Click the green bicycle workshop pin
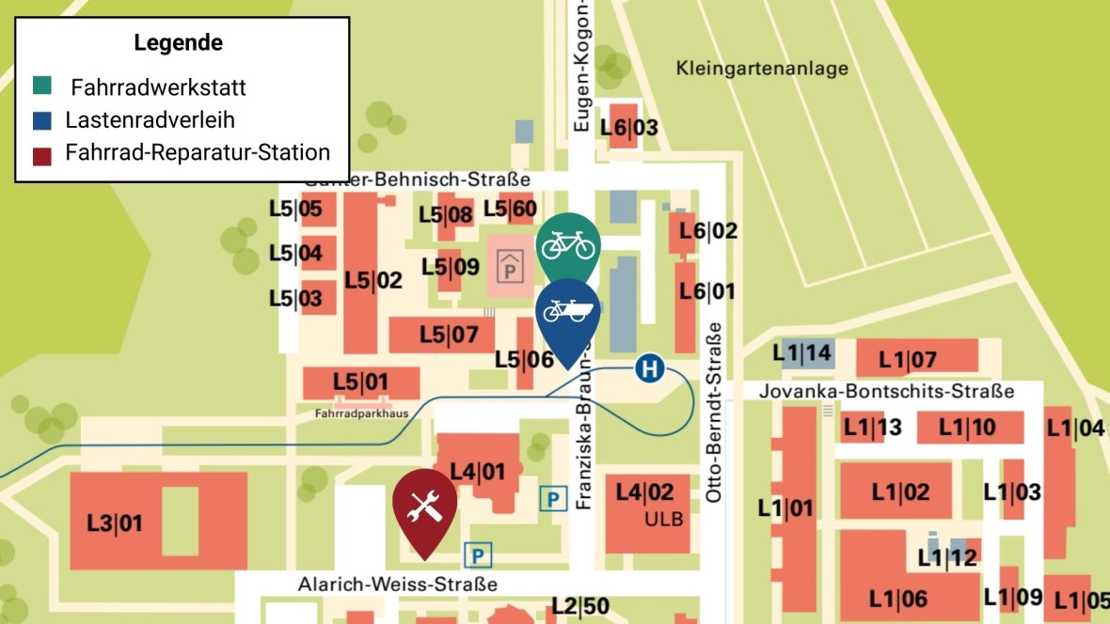coord(568,244)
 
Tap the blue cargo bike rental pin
coord(568,313)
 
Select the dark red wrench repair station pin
coord(424,507)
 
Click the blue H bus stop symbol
coord(648,368)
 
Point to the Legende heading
coord(179,42)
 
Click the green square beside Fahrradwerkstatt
coord(42,86)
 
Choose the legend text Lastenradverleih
coord(150,119)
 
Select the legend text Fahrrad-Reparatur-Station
coord(198,152)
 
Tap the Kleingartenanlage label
coord(762,68)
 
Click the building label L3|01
coord(115,523)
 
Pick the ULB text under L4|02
coord(663,519)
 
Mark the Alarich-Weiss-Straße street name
coord(397,584)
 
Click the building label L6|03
coord(629,127)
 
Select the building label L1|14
coord(801,353)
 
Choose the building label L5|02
coord(373,280)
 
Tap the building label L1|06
coord(898,598)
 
